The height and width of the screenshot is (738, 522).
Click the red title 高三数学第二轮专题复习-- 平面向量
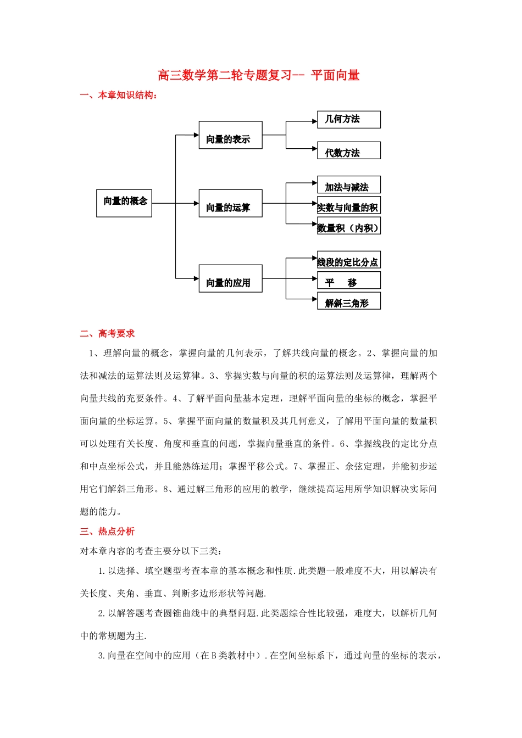coord(258,75)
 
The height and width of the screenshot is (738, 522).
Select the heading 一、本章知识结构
coord(119,96)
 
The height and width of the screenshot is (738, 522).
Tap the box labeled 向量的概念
coord(124,202)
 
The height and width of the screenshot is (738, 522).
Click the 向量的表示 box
coord(230,135)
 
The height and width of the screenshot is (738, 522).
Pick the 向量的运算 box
coord(230,203)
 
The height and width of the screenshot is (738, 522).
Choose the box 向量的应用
coord(230,278)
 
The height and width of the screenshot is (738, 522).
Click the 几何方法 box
coord(348,119)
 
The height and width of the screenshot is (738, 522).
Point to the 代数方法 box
coord(348,150)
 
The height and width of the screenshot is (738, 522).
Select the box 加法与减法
coord(348,185)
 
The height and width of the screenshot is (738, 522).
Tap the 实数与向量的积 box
coord(348,205)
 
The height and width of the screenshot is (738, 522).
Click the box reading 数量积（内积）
coord(348,226)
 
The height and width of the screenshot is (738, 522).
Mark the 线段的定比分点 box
coord(348,260)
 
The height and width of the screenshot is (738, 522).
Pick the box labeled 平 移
coord(348,281)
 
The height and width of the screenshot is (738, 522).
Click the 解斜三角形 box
coord(348,301)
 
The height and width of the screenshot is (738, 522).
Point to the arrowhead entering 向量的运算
coord(196,203)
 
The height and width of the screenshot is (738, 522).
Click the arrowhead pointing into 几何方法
coord(314,121)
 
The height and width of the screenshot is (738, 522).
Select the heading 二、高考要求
coord(107,334)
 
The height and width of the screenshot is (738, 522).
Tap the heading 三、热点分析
coord(107,532)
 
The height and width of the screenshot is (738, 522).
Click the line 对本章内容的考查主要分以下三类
coord(151,551)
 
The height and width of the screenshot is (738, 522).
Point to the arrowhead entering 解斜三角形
coord(314,299)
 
